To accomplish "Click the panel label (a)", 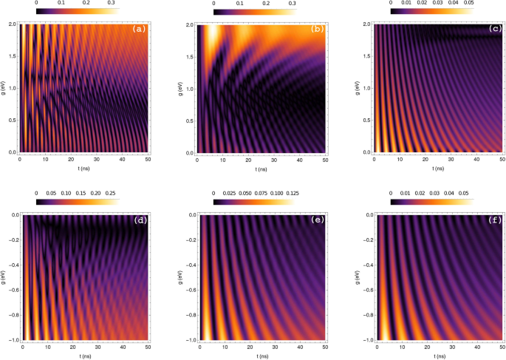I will point(137,30).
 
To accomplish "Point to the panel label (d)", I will point(137,220).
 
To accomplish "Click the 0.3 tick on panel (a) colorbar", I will point(111,4).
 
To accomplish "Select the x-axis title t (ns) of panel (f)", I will point(439,359).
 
